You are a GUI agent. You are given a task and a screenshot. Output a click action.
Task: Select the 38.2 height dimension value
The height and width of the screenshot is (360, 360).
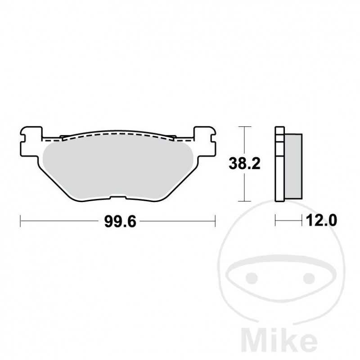[244, 164]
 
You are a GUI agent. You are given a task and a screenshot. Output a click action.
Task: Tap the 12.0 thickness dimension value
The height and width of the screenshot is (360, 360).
[321, 220]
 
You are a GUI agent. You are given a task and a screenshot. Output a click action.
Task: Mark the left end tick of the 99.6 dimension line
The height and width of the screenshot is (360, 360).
[21, 220]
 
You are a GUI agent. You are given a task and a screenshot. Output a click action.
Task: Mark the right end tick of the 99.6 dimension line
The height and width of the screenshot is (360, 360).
[216, 220]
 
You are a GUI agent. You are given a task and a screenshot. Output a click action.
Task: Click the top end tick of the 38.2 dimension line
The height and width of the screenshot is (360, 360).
[244, 127]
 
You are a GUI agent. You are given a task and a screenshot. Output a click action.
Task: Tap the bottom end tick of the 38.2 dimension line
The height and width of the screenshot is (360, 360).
[244, 201]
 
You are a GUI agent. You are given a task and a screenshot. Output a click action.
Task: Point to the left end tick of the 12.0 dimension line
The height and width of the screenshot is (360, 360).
[275, 220]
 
